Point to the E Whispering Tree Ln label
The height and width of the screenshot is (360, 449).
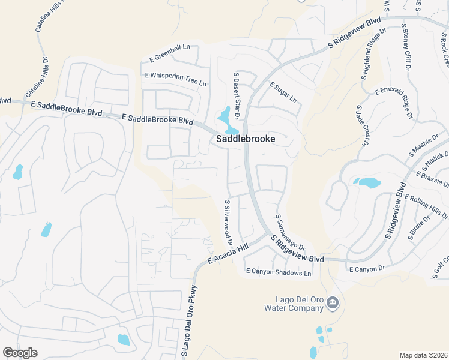(176, 79)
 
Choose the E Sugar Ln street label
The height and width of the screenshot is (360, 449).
(283, 92)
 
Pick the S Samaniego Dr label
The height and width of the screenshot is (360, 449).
(291, 233)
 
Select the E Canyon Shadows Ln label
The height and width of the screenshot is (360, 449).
(279, 272)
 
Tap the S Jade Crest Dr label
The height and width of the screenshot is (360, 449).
(361, 126)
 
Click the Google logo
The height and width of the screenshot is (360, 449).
(20, 353)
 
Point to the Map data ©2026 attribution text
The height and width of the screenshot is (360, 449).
(423, 355)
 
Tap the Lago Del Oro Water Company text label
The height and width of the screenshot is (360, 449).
(294, 304)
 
